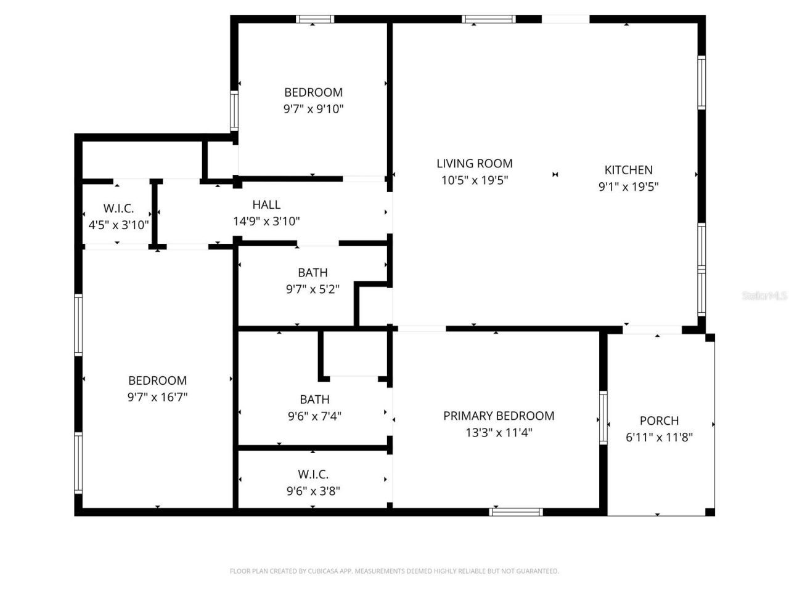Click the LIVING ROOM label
point(475,163)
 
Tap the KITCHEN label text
point(628,170)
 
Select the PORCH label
point(659,421)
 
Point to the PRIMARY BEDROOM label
point(499,416)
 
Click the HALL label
point(266,204)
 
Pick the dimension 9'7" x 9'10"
point(313,109)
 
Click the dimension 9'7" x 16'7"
point(157,397)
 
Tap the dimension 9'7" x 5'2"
point(313,289)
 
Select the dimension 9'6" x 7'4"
point(314,416)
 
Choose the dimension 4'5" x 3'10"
point(118,225)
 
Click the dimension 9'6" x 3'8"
point(313,491)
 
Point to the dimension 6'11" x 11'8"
point(659,438)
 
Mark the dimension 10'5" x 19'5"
point(475,180)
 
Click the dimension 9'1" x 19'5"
point(628,187)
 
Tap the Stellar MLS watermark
point(764,296)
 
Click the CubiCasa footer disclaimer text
point(394,571)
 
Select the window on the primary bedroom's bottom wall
point(516,512)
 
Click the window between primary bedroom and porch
point(603,417)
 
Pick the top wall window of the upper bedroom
point(315,19)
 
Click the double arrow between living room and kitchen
point(555,175)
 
